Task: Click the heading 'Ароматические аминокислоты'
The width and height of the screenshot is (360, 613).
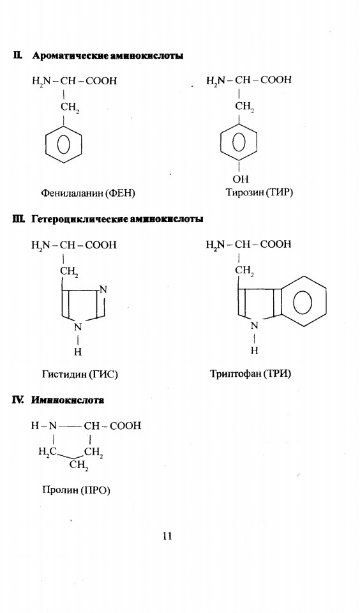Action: tap(108, 56)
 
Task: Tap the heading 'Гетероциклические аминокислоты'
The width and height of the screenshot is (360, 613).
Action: tap(117, 219)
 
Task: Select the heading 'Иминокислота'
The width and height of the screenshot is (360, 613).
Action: tap(68, 400)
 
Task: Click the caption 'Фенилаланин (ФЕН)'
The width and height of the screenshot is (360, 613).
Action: tap(88, 193)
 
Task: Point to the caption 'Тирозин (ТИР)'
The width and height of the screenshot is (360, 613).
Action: tap(259, 192)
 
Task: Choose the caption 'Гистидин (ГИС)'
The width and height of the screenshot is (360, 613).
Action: tap(80, 374)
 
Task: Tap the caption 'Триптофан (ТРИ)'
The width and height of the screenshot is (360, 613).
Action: tap(251, 374)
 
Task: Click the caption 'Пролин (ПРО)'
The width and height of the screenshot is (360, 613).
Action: tap(76, 490)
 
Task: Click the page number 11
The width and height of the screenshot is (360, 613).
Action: tap(167, 536)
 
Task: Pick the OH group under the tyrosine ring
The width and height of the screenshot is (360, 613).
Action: tap(241, 179)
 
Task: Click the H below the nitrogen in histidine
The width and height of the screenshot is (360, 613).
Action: tap(78, 352)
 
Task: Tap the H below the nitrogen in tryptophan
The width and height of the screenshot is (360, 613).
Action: tap(255, 351)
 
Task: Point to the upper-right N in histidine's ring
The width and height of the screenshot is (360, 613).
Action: tap(103, 290)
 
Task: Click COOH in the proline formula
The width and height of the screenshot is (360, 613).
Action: tap(126, 425)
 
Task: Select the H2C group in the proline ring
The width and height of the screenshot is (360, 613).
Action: tap(48, 452)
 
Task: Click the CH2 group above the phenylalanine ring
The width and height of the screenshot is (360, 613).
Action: tap(70, 107)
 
